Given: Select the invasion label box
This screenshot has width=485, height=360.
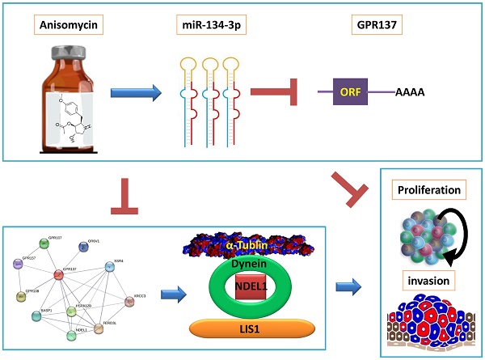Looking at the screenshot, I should [x=429, y=278].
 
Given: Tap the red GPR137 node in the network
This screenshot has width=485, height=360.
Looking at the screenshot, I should [x=59, y=275].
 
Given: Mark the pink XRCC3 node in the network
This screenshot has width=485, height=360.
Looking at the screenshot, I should [x=129, y=302].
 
